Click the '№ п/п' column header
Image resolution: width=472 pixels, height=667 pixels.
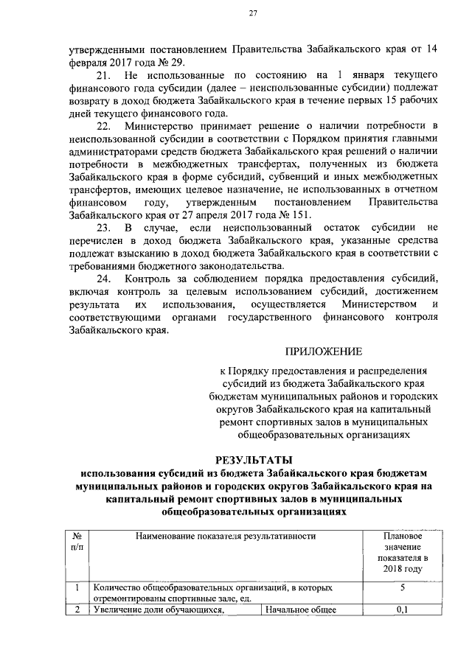[x=77, y=542]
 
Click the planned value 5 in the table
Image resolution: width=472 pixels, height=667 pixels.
[x=403, y=588]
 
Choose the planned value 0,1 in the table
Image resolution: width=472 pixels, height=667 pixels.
[x=403, y=610]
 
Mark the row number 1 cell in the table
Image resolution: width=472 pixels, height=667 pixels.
[x=77, y=588]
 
